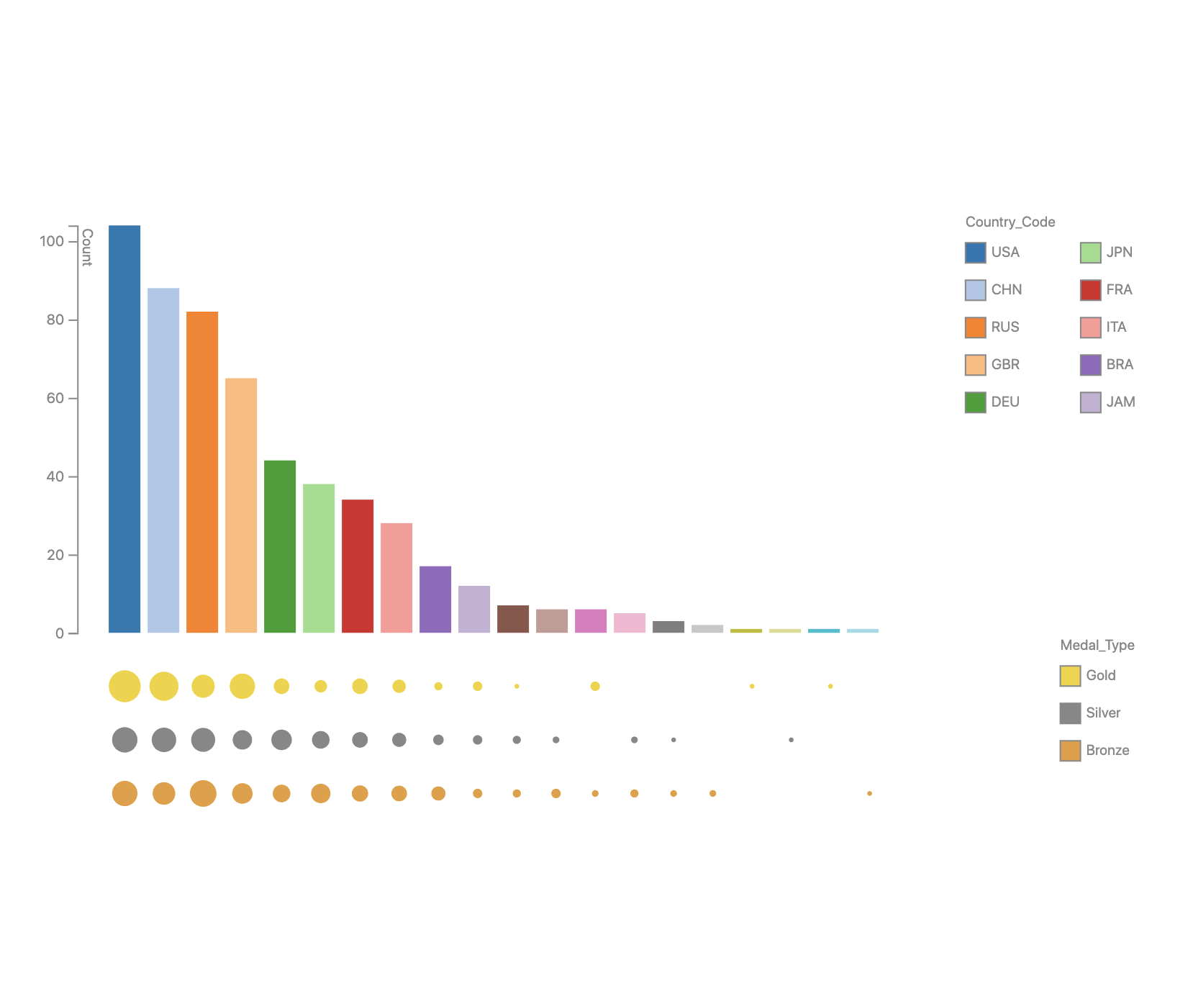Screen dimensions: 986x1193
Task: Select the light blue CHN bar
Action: point(163,461)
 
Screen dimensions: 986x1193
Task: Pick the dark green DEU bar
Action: point(280,546)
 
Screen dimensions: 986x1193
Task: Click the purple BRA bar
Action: point(435,600)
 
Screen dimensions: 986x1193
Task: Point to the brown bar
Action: point(513,619)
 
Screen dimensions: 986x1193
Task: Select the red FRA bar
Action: point(358,566)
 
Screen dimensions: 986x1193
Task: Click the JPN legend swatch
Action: point(1090,253)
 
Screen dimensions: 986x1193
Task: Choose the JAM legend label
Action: point(1120,402)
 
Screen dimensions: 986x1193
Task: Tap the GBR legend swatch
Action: point(975,365)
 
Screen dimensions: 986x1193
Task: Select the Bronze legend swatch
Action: point(1070,751)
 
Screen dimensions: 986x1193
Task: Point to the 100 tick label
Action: point(52,241)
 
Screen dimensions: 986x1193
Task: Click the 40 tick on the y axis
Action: point(55,476)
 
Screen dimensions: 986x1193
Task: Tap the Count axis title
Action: point(87,248)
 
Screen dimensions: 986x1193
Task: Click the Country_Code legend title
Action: point(1010,222)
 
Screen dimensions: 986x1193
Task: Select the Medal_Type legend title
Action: point(1097,645)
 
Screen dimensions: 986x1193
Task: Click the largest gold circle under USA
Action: point(124,686)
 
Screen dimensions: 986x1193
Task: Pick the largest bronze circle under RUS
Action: point(203,793)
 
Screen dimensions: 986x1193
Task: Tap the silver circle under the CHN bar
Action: point(164,740)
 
